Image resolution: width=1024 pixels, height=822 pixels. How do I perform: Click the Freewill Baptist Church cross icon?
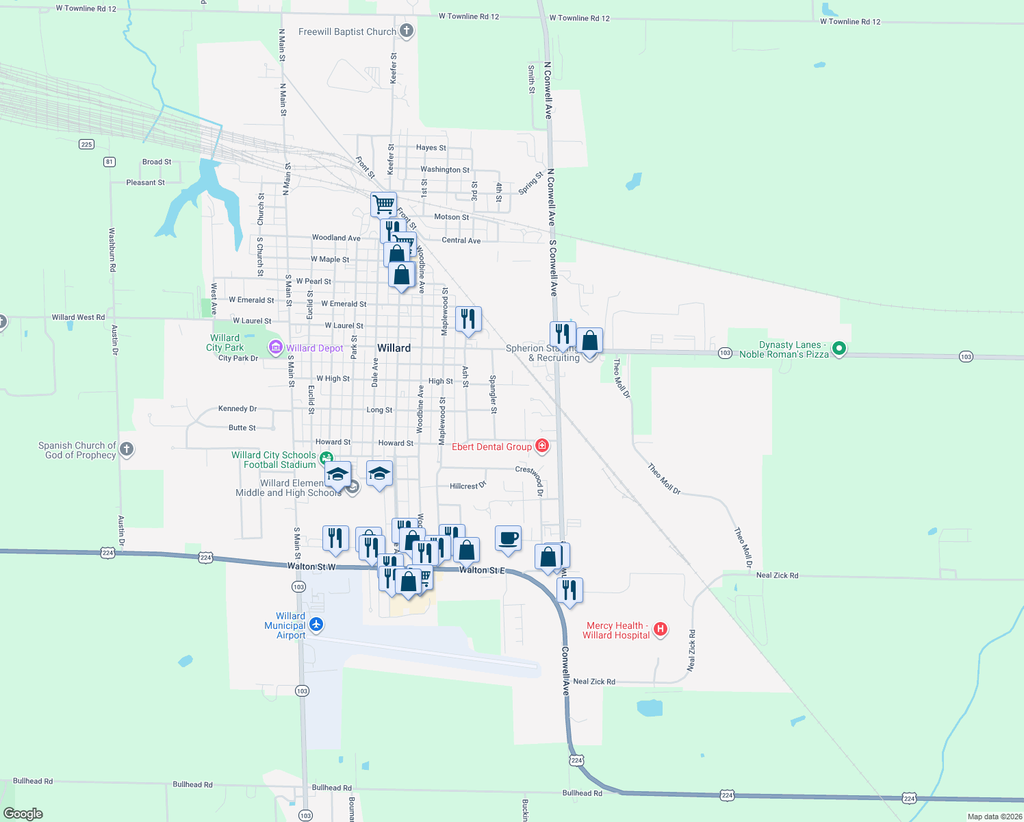(407, 31)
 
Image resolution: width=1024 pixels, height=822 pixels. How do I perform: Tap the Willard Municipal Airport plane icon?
(316, 624)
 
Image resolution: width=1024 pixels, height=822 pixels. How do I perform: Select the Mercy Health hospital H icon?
(661, 629)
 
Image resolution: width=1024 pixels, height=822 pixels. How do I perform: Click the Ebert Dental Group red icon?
(542, 447)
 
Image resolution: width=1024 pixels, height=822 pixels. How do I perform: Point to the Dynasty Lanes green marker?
(839, 349)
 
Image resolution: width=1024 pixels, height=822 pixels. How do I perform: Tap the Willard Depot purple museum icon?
(276, 347)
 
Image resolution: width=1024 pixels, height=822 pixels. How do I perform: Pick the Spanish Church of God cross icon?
(127, 449)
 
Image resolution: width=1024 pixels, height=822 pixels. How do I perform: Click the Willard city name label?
(394, 348)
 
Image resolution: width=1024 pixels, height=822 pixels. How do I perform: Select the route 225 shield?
(86, 144)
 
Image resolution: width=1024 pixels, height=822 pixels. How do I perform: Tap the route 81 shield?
(110, 162)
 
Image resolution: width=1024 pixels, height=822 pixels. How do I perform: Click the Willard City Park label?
(225, 342)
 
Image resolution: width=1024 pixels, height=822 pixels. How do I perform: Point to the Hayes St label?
(431, 147)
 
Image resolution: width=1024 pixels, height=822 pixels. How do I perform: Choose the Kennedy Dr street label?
(238, 408)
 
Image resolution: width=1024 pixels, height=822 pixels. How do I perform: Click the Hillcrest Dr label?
(468, 486)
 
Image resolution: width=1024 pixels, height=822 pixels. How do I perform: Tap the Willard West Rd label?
(79, 317)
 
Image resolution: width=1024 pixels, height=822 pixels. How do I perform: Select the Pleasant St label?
(145, 182)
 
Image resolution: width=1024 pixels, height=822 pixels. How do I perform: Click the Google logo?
(23, 814)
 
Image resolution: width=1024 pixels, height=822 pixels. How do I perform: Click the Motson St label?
(452, 217)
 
